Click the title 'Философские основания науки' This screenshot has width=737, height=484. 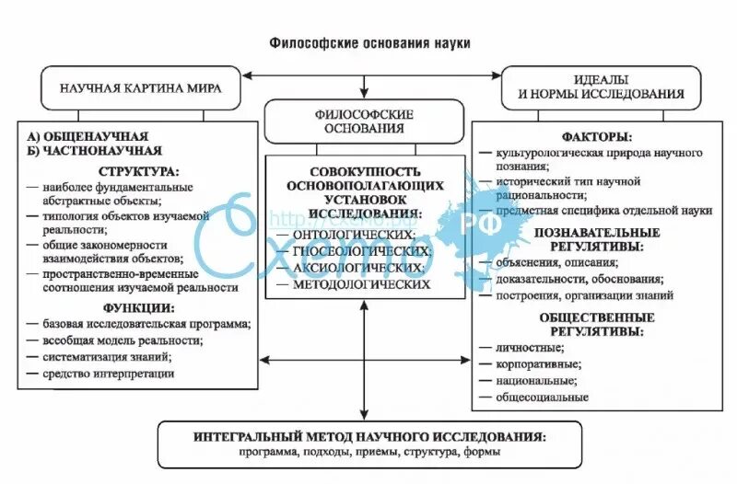click(x=369, y=42)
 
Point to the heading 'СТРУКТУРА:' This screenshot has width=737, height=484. click(x=140, y=171)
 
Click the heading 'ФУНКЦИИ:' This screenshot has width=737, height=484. click(x=140, y=306)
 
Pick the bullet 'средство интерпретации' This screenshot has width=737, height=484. click(x=108, y=374)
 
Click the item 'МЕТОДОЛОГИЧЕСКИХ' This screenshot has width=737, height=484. click(x=361, y=285)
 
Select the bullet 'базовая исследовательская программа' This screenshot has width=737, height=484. click(x=146, y=324)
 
